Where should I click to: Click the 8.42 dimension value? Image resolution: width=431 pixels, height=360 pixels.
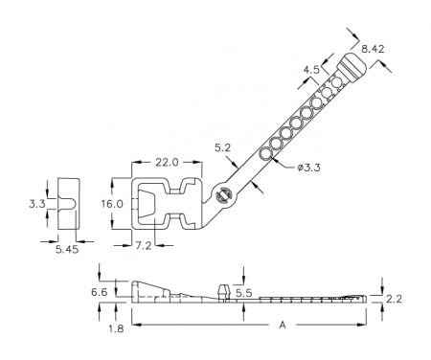373,49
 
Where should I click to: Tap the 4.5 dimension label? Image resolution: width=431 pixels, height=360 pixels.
311,70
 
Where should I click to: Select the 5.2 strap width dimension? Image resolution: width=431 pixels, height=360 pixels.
222,147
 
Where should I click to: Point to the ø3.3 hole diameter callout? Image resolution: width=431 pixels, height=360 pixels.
308,168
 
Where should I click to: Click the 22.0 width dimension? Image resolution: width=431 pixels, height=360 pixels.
167,163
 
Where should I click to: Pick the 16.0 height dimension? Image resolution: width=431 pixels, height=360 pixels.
112,204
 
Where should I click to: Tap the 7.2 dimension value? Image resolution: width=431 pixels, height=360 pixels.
144,246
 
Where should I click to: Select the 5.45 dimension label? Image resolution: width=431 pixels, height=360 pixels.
67,249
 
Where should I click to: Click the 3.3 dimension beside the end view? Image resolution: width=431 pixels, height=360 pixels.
37,204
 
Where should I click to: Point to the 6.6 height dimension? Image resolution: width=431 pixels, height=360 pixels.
100,292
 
